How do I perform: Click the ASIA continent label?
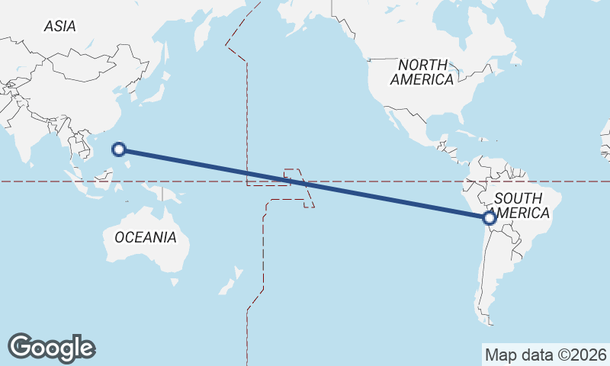click(x=59, y=26)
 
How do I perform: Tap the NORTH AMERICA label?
click(x=422, y=72)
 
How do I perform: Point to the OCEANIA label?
click(x=145, y=237)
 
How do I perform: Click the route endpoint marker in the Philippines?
click(x=119, y=149)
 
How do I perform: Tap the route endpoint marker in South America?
click(x=490, y=218)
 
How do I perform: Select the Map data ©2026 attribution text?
click(x=545, y=355)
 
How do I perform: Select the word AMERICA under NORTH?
click(x=422, y=79)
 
